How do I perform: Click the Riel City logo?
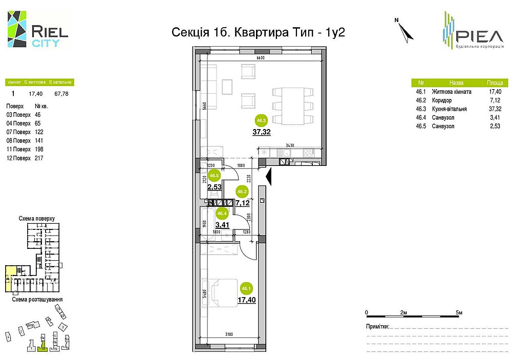tap(37, 30)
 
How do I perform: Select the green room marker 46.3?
tap(262, 121)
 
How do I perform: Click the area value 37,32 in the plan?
tap(262, 132)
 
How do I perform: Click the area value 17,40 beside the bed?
tap(247, 300)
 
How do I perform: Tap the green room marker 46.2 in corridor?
tap(242, 192)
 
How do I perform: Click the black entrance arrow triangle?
tap(269, 177)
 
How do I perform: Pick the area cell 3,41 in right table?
tap(494, 117)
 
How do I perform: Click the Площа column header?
tap(494, 82)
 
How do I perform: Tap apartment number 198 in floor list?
tap(39, 149)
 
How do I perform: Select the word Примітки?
tap(377, 326)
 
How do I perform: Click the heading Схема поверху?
tap(36, 219)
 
